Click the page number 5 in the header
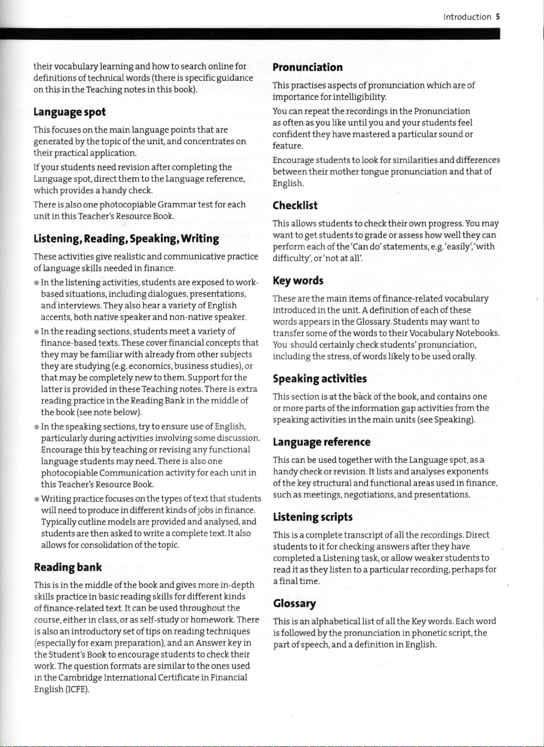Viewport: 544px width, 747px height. point(498,17)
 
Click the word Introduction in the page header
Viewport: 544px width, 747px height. point(467,17)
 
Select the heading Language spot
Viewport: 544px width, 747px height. point(69,112)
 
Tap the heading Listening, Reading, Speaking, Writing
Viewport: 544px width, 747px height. point(126,239)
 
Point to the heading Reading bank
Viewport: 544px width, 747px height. point(68,567)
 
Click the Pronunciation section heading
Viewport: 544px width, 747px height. point(307,67)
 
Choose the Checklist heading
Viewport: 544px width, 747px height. point(295,205)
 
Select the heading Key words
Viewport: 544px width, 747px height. point(298,280)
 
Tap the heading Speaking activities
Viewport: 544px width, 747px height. point(319,379)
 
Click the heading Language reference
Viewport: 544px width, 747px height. point(321,442)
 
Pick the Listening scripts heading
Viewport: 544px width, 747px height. point(313,517)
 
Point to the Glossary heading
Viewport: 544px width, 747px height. point(294,603)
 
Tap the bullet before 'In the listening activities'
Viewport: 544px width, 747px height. point(36,283)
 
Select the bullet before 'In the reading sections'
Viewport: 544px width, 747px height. point(36,332)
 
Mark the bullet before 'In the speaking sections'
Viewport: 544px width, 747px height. point(36,427)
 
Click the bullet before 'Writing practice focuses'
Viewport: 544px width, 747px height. point(36,499)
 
